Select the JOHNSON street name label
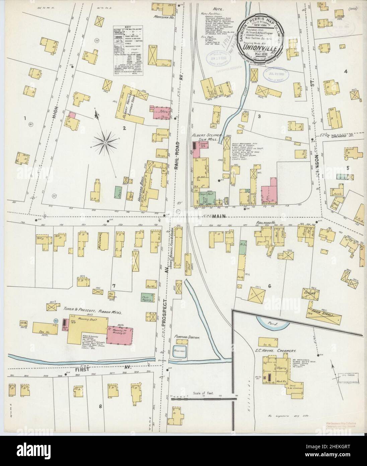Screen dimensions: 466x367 [316, 165]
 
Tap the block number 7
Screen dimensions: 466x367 [114, 286]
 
